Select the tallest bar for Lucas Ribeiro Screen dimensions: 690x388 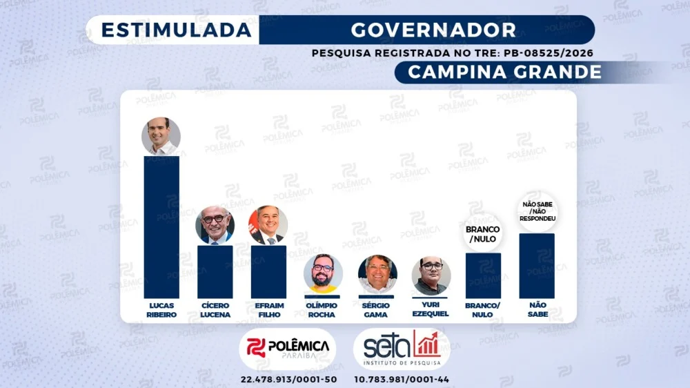coord(161,227)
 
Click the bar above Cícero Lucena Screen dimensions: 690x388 coord(215,272)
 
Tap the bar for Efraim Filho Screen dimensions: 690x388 coord(268,272)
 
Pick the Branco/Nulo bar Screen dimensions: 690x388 coord(483,275)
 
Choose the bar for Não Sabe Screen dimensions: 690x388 coord(537,266)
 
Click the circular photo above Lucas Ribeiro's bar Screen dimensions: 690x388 coord(161,136)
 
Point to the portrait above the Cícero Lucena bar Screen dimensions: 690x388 coord(215,225)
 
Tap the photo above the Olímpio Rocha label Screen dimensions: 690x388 coord(322,273)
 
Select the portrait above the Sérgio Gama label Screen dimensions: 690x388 coord(377,274)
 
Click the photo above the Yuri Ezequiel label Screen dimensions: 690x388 coord(431,275)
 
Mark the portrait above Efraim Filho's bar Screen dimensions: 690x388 coord(268,225)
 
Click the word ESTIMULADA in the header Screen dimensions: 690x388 coord(177,30)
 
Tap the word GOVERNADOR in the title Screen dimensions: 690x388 coord(433,30)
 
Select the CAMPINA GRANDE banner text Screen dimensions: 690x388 coord(505,72)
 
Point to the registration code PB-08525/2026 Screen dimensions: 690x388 coord(549,53)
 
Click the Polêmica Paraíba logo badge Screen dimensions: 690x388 coord(287,349)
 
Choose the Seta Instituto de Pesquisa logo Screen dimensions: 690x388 coord(402,349)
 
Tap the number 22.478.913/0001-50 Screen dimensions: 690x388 coord(288,380)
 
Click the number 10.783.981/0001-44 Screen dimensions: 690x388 coord(402,380)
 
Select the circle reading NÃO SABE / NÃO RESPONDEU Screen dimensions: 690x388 coord(538,212)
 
